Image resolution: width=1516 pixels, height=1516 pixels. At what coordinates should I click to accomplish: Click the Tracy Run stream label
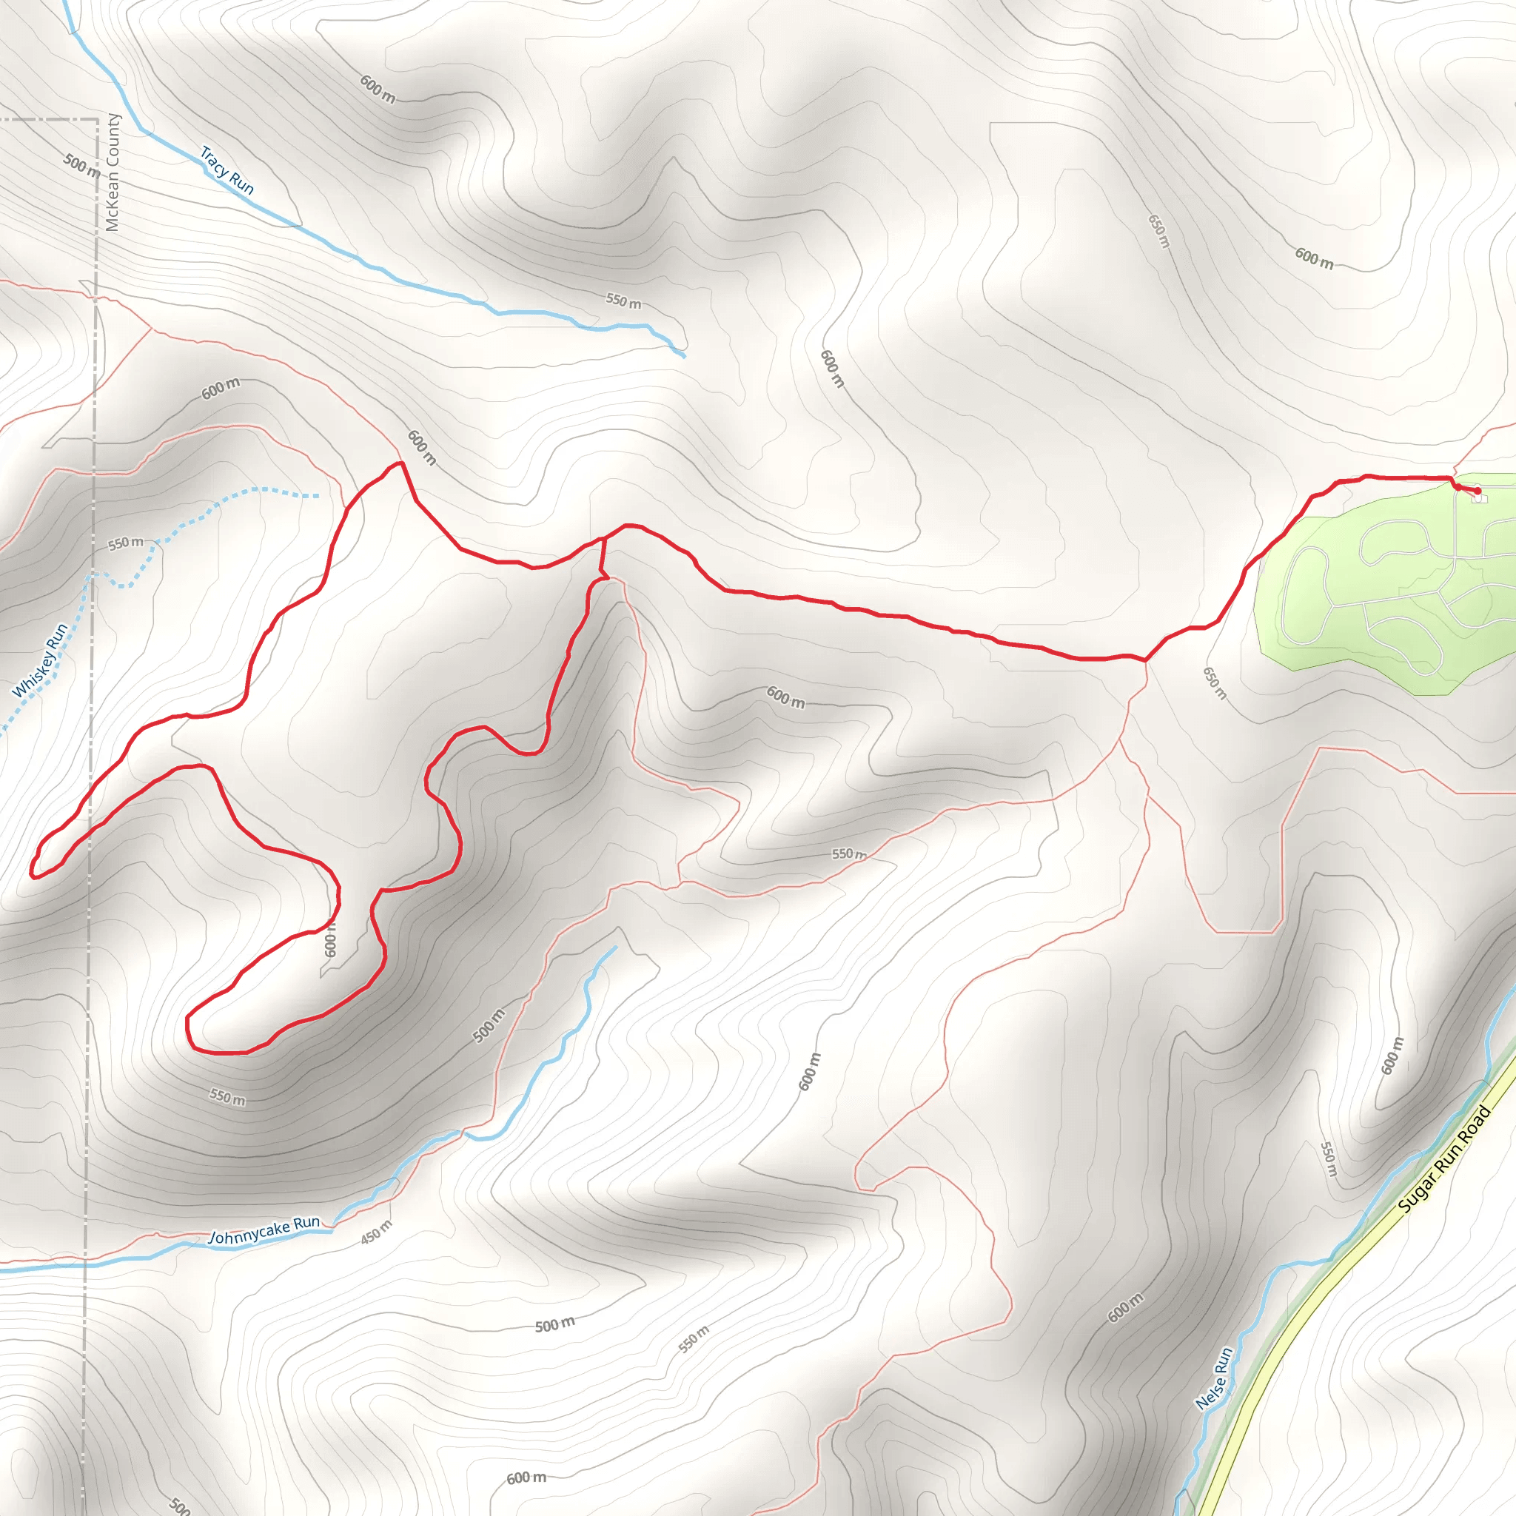[227, 170]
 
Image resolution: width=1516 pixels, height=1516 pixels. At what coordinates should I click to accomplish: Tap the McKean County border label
[113, 172]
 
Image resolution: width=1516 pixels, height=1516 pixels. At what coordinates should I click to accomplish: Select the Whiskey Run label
[40, 661]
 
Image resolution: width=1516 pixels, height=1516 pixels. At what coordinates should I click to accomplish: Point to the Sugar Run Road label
[1443, 1160]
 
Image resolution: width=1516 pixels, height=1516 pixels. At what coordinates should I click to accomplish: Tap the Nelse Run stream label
[1215, 1378]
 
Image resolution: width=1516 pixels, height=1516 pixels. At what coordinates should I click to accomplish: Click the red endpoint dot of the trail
[1478, 492]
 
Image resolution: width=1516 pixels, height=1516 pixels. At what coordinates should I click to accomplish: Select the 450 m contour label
[376, 1232]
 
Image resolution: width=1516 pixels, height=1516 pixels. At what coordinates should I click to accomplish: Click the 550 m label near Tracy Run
[623, 301]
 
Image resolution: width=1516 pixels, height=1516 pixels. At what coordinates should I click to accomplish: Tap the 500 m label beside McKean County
[82, 165]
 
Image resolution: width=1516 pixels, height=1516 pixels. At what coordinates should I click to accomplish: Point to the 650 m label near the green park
[1214, 682]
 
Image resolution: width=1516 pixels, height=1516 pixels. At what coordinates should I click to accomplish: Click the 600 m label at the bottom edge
[526, 1478]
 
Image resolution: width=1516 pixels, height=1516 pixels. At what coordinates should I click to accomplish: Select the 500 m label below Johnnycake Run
[554, 1324]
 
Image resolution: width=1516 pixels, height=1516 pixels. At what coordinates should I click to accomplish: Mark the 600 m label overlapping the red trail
[330, 941]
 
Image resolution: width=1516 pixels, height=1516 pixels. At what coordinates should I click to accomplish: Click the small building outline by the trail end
[1479, 498]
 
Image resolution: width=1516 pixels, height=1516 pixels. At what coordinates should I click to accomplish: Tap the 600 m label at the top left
[378, 89]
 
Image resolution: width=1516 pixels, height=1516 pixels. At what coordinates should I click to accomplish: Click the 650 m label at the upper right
[1159, 231]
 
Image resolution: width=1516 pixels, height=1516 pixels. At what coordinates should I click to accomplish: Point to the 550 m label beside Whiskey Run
[127, 543]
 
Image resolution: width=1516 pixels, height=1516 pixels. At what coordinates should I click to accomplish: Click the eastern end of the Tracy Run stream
[684, 356]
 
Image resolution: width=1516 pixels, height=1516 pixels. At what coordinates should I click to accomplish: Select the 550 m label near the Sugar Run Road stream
[1328, 1159]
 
